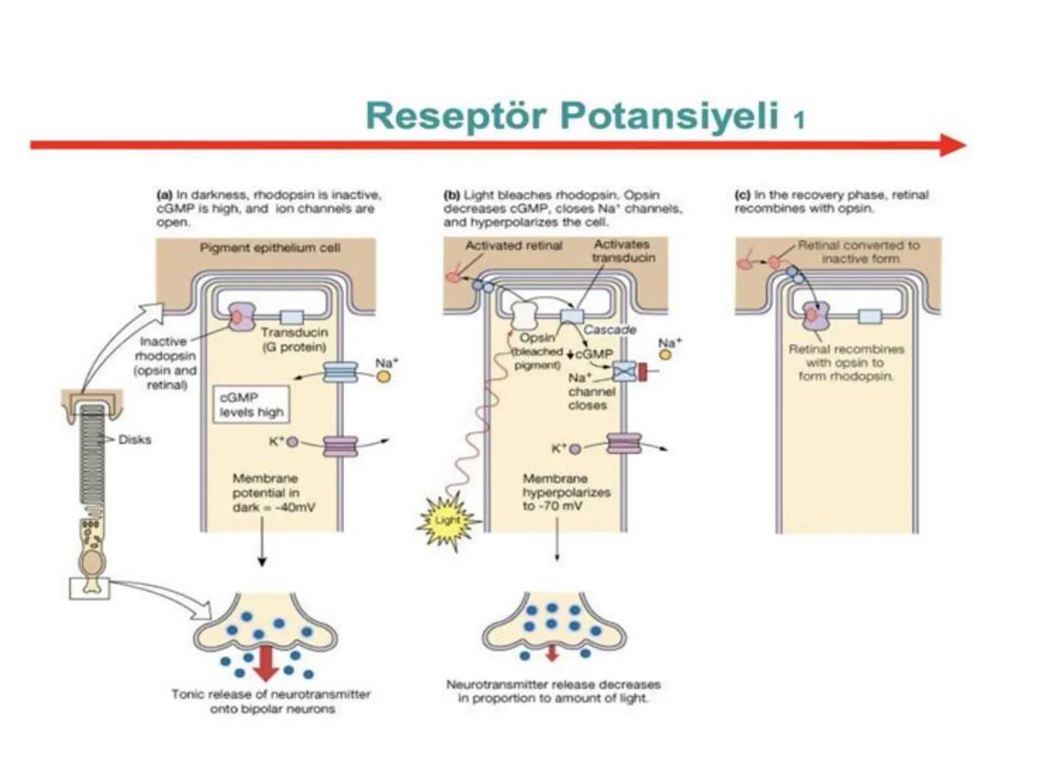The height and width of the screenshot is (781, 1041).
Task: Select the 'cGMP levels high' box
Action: pos(252,404)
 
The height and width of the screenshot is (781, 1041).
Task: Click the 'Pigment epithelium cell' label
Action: pos(270,248)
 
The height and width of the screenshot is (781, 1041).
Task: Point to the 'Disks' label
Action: pos(134,440)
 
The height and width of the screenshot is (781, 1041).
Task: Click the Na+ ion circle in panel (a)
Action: pos(384,376)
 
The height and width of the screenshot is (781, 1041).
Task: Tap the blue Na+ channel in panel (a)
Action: pos(340,372)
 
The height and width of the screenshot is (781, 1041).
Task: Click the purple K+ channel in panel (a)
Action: pos(340,445)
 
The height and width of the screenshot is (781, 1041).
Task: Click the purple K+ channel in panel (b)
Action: pos(624,443)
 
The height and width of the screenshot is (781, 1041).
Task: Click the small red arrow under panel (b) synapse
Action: pos(552,653)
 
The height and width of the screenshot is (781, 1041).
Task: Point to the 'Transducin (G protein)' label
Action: pos(294,339)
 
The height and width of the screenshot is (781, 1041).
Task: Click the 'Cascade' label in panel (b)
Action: pos(609,330)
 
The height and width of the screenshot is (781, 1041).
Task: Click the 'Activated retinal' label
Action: pos(513,246)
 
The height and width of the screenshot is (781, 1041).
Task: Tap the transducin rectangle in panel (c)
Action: pos(870,316)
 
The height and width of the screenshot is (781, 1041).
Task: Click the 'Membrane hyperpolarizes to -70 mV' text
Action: pos(566,492)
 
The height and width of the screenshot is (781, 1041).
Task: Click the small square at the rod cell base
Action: pos(90,588)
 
